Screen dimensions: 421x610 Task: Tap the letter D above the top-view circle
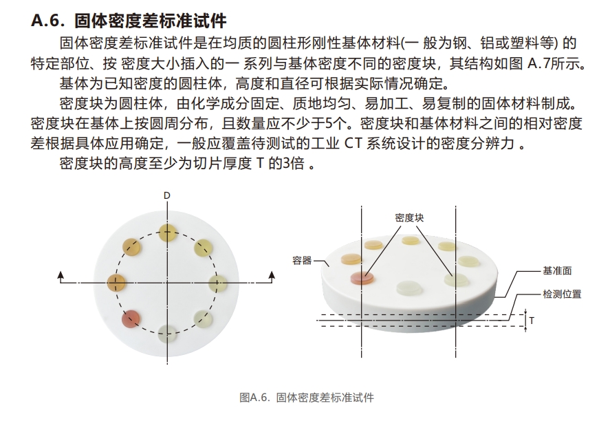166,196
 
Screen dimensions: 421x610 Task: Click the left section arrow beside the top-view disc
62,277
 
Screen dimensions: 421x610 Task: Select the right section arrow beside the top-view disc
272,277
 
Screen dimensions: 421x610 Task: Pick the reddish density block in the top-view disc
131,318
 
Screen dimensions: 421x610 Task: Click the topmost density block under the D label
167,231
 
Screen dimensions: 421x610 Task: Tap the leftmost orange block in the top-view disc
117,281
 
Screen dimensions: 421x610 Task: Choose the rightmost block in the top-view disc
218,282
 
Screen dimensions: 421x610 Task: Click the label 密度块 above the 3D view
409,217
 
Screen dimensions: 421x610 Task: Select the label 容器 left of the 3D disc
301,261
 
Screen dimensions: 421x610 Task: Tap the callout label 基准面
558,271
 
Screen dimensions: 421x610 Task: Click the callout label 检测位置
562,294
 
